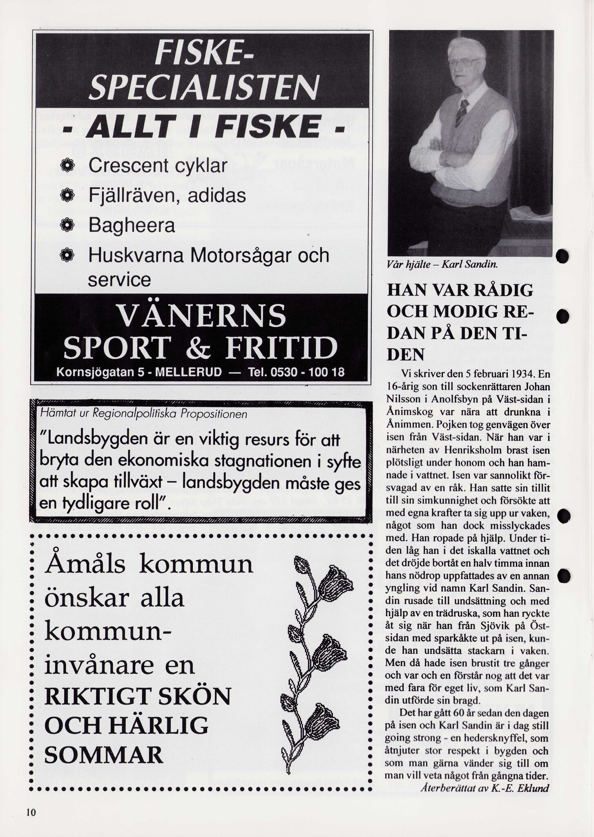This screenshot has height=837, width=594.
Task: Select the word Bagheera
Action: tap(132, 225)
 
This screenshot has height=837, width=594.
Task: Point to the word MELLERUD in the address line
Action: tap(188, 372)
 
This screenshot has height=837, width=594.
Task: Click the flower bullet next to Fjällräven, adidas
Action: tap(66, 196)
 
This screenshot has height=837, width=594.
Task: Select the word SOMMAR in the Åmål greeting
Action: tap(104, 755)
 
